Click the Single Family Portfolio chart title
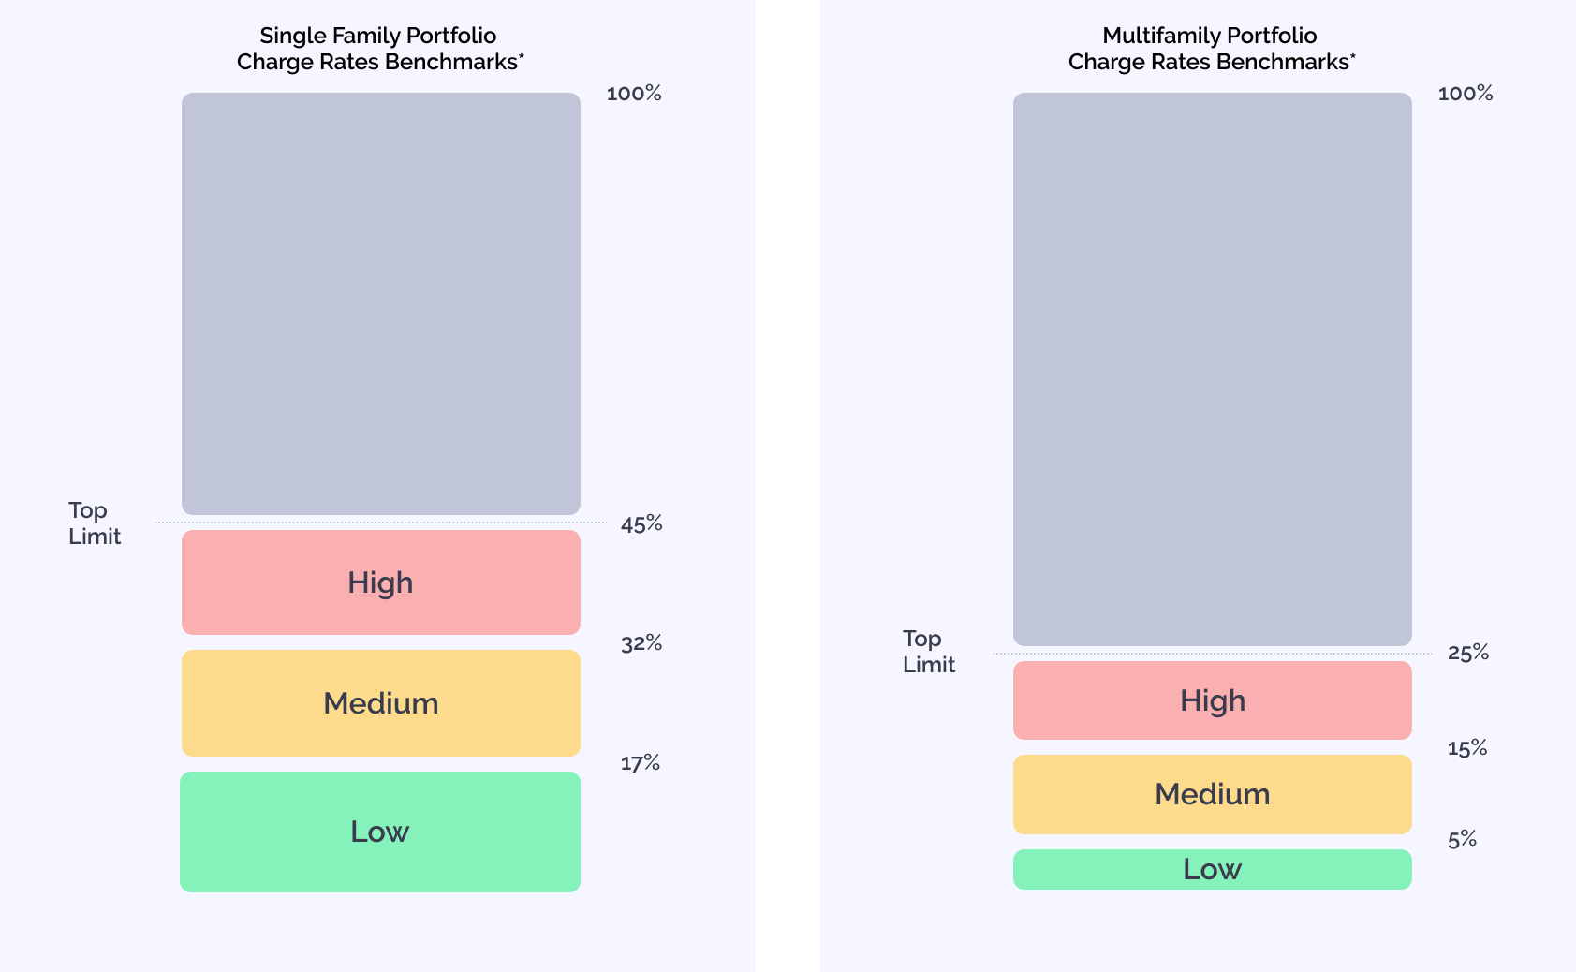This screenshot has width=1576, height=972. tap(378, 49)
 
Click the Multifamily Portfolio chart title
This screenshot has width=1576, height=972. tap(1210, 49)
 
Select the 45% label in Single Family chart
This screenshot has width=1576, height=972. tap(641, 524)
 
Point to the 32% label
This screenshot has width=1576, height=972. tap(641, 643)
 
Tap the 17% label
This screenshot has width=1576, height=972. tap(641, 763)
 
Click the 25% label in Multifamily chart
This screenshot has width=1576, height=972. tap(1468, 653)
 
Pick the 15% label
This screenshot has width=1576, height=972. tap(1467, 748)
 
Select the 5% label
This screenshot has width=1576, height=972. tap(1462, 839)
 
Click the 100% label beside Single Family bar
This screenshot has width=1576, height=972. tap(634, 94)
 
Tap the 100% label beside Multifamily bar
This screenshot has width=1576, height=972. tap(1466, 94)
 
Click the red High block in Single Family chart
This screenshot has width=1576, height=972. tap(380, 582)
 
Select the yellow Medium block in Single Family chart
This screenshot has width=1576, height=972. tap(380, 703)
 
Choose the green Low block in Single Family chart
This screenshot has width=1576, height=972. tap(380, 832)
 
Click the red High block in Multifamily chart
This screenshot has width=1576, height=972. tap(1212, 700)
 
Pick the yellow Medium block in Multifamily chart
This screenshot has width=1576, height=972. tap(1212, 794)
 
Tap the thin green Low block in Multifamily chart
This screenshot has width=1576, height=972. tap(1212, 869)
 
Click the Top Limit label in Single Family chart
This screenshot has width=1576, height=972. tap(94, 523)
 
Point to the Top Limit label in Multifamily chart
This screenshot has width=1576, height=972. tap(928, 652)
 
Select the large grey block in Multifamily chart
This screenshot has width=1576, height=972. tap(1212, 369)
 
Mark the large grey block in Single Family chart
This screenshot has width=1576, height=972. tap(380, 303)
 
